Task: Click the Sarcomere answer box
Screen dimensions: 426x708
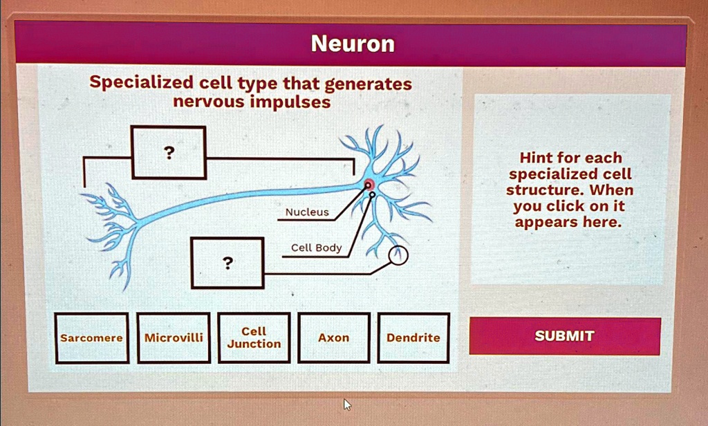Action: pyautogui.click(x=92, y=338)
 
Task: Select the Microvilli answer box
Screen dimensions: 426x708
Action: pyautogui.click(x=174, y=337)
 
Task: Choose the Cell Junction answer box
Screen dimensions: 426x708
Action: pyautogui.click(x=254, y=337)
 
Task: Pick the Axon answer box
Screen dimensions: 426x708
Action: pyautogui.click(x=333, y=337)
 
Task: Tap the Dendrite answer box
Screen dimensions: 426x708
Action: pyautogui.click(x=413, y=337)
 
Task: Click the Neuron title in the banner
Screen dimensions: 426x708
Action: pyautogui.click(x=353, y=44)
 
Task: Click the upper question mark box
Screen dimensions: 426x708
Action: pyautogui.click(x=169, y=152)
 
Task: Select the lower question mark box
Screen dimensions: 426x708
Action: pyautogui.click(x=227, y=263)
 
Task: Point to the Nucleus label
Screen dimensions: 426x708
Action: pyautogui.click(x=307, y=212)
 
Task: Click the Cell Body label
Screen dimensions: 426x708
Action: pyautogui.click(x=316, y=248)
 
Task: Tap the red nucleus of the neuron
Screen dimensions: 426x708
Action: pyautogui.click(x=369, y=184)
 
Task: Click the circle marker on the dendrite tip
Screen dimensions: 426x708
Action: pyautogui.click(x=398, y=256)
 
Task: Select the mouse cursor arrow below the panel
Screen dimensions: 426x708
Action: pyautogui.click(x=347, y=403)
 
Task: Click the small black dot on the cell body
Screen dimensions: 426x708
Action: pyautogui.click(x=373, y=196)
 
